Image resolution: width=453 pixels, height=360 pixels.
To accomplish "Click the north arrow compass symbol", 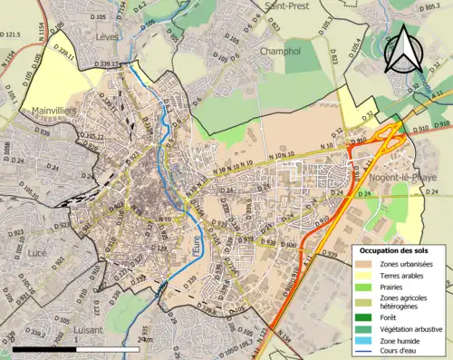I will pyautogui.click(x=403, y=49).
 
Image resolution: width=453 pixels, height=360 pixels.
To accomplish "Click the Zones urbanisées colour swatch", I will pyautogui.click(x=362, y=263).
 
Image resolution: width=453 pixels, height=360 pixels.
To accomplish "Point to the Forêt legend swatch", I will pyautogui.click(x=362, y=317).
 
